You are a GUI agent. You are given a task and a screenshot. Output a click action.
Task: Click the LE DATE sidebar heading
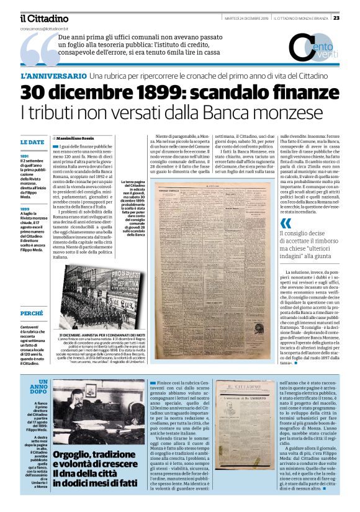coord(32,143)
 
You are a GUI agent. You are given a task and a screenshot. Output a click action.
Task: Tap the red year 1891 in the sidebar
coord(25,156)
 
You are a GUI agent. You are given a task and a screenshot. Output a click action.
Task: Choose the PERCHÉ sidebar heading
coord(32,313)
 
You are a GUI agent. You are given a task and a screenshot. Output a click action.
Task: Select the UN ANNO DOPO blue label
coord(38,387)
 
